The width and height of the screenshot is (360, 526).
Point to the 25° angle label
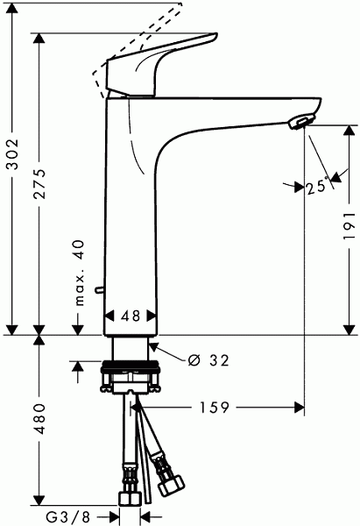click(x=316, y=186)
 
